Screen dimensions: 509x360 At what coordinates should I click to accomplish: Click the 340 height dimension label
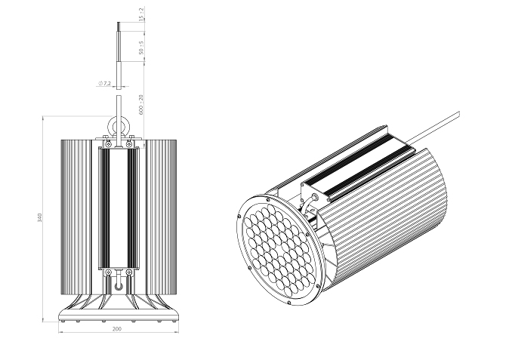pos(40,217)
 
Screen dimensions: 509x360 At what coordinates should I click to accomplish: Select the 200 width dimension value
pos(117,329)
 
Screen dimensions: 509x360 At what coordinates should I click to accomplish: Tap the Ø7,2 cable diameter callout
pos(104,83)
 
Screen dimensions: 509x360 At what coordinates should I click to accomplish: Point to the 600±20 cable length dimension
pos(141,104)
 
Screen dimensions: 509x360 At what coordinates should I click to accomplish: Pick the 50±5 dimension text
pos(141,48)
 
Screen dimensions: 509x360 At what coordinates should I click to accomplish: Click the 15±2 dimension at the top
pos(141,15)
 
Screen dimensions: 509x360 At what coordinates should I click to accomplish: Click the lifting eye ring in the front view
pos(119,125)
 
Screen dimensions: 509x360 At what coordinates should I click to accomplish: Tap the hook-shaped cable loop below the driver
pos(119,284)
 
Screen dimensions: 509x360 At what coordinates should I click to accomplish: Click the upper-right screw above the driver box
pos(129,143)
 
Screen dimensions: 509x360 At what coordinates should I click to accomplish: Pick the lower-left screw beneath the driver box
pos(108,272)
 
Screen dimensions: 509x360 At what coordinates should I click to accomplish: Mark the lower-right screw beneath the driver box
pos(129,272)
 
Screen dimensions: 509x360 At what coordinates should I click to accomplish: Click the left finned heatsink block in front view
pos(76,217)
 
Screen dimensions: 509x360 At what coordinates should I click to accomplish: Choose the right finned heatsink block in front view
pos(162,217)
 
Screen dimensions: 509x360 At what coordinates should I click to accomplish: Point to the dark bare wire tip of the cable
pos(119,26)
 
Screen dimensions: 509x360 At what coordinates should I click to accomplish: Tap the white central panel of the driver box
pos(119,208)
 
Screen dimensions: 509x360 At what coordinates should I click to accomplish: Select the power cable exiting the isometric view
pos(433,128)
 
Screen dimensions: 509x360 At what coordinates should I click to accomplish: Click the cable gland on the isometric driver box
pos(314,197)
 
